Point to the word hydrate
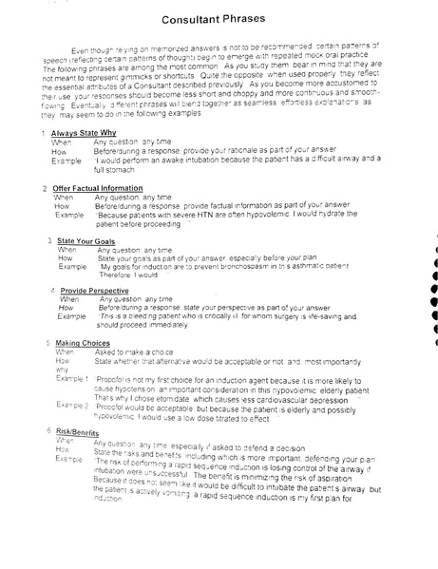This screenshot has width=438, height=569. [x=356, y=214]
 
